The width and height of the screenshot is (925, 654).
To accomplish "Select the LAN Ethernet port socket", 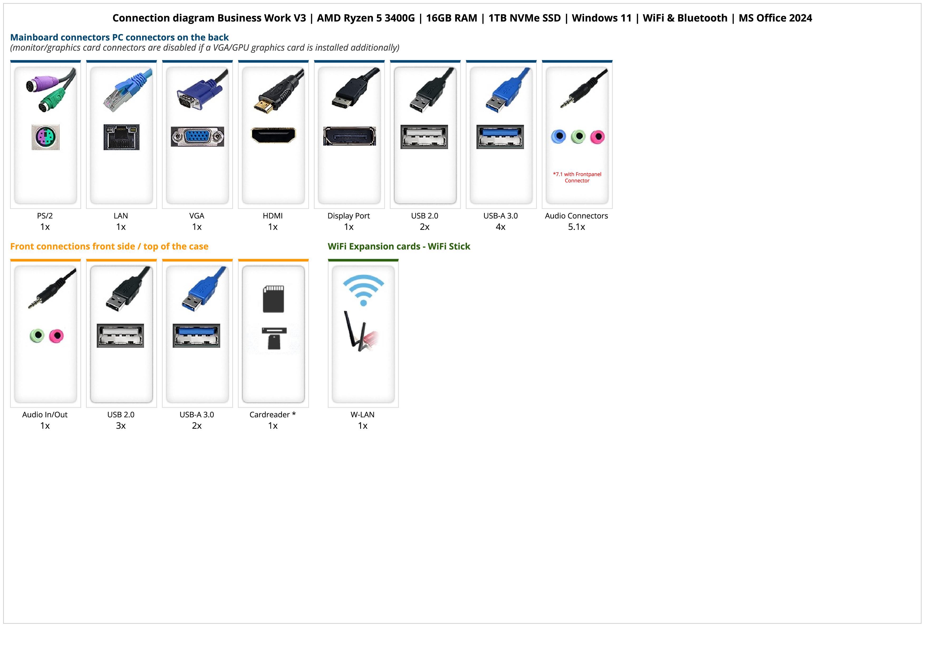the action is [121, 137].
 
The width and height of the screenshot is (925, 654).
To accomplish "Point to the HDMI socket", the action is [273, 135].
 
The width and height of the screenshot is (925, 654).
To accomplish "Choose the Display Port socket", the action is [349, 136].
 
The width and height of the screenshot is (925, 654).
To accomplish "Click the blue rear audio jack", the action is [558, 137].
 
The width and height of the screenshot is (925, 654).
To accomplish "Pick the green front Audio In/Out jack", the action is [37, 335].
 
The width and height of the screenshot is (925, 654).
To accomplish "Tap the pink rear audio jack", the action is [598, 137].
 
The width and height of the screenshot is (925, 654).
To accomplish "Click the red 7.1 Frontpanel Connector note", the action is [577, 177].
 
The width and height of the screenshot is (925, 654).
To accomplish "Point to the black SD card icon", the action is [273, 299].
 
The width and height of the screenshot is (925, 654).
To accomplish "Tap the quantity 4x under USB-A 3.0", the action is [500, 227].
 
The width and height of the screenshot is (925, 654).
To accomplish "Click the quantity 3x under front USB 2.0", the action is [121, 426].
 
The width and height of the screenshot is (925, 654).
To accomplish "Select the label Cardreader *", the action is [273, 415].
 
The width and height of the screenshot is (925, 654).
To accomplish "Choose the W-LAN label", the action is [363, 415].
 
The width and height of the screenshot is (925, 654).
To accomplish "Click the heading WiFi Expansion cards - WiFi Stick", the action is [399, 246].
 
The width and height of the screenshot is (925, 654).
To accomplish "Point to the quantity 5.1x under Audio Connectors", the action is [576, 227].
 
